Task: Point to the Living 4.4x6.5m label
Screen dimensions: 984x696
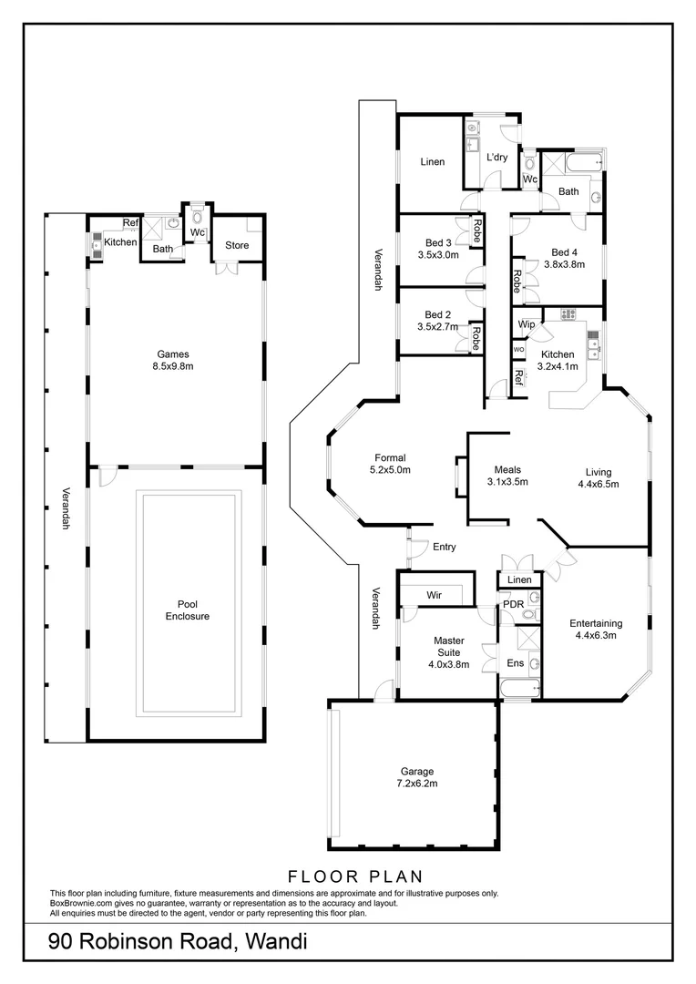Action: (x=598, y=478)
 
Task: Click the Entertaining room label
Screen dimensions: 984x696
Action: (x=596, y=630)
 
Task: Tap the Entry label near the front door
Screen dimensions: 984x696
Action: (x=445, y=548)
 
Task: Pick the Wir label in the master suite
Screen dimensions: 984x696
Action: (x=435, y=595)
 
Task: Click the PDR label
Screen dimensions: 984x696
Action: (x=513, y=604)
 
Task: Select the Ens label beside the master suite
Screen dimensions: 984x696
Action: (x=515, y=663)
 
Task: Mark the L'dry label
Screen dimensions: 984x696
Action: (x=496, y=158)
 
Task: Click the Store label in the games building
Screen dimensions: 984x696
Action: (x=237, y=244)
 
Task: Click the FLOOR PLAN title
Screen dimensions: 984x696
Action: (x=355, y=876)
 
